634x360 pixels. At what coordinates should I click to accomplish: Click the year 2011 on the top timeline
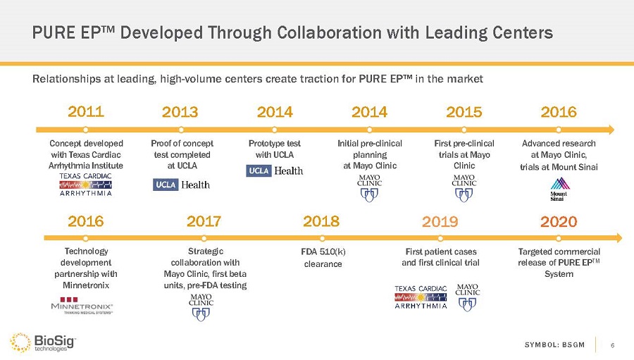point(85,111)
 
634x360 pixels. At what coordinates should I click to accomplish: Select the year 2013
point(180,112)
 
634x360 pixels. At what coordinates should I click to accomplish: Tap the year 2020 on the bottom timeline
point(559,221)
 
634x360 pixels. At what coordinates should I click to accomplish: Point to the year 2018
point(321,221)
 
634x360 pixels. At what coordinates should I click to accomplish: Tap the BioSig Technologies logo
point(44,343)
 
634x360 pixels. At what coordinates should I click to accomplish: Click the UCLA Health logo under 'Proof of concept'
point(181,185)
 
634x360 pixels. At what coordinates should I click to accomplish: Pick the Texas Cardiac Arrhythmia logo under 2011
point(86,184)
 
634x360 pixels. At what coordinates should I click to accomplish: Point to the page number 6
point(613,345)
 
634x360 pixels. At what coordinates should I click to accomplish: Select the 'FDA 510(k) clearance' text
point(323,257)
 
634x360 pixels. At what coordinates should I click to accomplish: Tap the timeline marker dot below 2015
point(464,129)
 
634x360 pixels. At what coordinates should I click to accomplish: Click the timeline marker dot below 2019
point(440,237)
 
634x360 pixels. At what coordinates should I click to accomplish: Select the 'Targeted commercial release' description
point(559,262)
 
